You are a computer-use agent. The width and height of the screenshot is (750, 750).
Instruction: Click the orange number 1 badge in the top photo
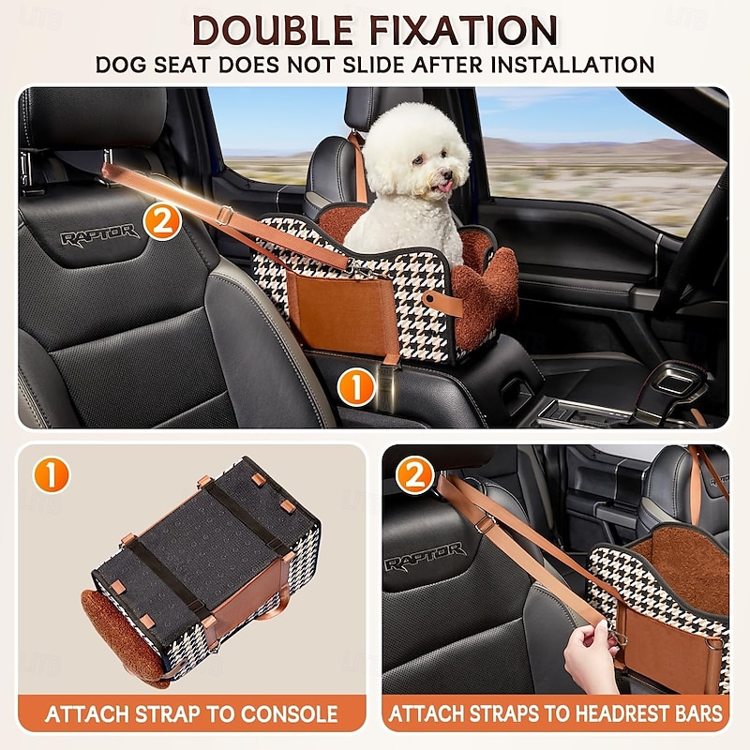click(354, 384)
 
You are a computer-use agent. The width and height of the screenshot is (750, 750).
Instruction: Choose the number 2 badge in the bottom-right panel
click(414, 476)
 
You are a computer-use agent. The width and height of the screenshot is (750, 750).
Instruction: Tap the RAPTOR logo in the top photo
click(100, 233)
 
